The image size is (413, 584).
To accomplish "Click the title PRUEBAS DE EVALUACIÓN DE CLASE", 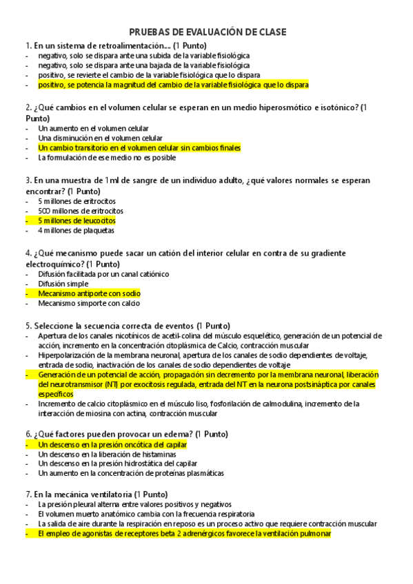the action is pos(207,32).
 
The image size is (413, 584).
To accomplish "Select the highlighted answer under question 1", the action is pos(173,84).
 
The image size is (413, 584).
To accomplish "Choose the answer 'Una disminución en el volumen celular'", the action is pos(101,138).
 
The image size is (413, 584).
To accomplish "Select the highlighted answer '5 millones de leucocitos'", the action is pos(77,220).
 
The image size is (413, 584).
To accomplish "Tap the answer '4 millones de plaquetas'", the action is pos(76,230).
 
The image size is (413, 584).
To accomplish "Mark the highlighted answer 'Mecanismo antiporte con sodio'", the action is pos(89,293).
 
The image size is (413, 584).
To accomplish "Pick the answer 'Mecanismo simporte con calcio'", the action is pos(89,303).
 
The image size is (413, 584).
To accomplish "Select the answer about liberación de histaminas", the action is pos(104,455).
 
